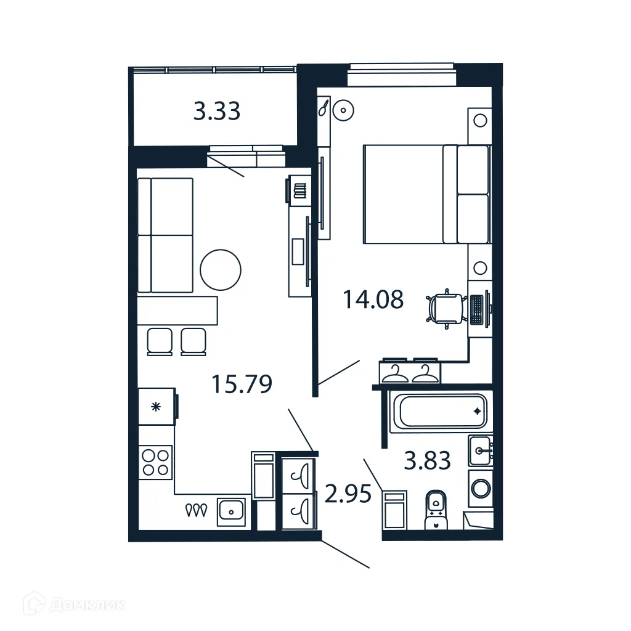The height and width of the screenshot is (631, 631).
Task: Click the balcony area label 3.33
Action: coord(216,112)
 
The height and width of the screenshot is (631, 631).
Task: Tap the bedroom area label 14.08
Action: coord(373,299)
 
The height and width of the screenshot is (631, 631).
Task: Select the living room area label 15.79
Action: coord(242,385)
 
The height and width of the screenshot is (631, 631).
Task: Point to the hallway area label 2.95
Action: coord(348,494)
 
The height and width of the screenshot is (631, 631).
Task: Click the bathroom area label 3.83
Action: coord(427,460)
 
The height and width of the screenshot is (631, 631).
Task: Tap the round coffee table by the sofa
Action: coord(221,269)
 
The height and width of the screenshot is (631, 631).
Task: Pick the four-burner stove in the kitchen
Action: coord(155,462)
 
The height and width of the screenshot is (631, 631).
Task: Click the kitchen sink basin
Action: coord(231,511)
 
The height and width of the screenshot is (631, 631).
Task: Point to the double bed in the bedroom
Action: coord(426,193)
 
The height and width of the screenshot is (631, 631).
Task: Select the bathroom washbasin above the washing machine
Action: coord(480,450)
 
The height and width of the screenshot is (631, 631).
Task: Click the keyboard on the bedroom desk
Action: coord(477,310)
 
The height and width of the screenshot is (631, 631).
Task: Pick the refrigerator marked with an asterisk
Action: coord(157,406)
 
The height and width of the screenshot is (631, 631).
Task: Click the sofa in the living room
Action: coord(165,235)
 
